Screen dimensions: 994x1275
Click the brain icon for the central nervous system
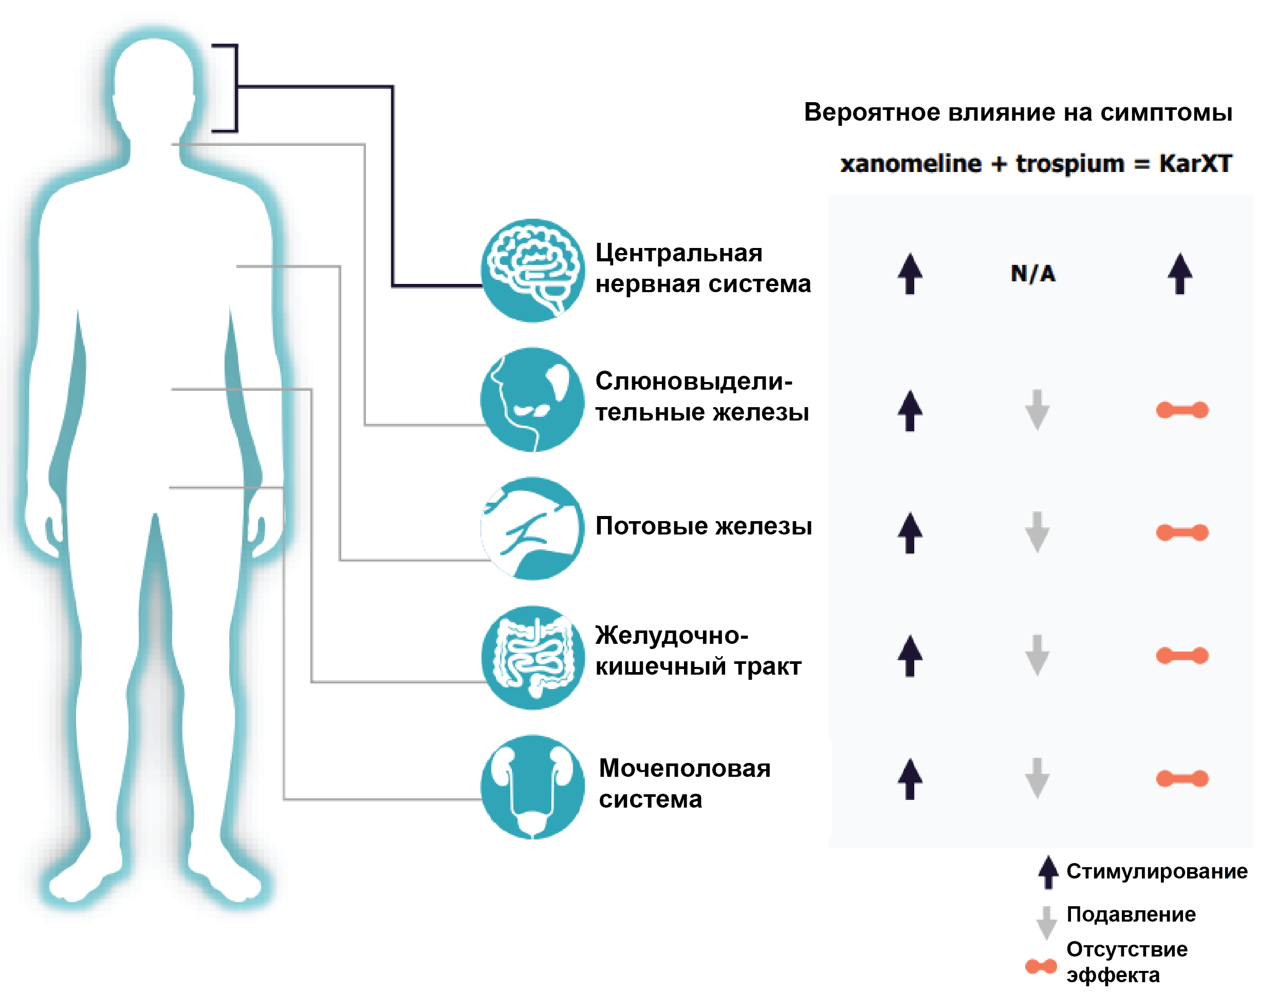coord(532,271)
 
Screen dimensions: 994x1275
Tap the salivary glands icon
coord(532,399)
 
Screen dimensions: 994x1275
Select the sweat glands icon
coord(532,528)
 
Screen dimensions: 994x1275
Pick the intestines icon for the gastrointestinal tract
coord(532,657)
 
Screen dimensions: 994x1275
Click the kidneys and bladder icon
coord(532,787)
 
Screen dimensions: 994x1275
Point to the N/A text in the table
coord(1033,274)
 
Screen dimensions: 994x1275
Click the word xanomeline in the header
coord(911,163)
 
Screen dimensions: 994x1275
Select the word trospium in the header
coord(1069,163)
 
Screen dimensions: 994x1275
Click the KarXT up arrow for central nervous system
coord(1180,274)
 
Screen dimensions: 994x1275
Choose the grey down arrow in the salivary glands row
coord(1037,410)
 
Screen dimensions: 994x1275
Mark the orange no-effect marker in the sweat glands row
coord(1182,532)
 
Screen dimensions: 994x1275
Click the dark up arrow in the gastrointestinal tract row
coord(910,656)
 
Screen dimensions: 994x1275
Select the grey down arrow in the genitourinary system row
coord(1037,778)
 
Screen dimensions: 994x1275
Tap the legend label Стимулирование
coord(1156,871)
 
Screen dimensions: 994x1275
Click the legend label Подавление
coord(1131,914)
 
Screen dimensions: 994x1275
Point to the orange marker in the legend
coord(1041,967)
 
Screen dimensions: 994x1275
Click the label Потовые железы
coord(704,526)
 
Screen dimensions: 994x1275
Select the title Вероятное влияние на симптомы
coord(1018,112)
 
